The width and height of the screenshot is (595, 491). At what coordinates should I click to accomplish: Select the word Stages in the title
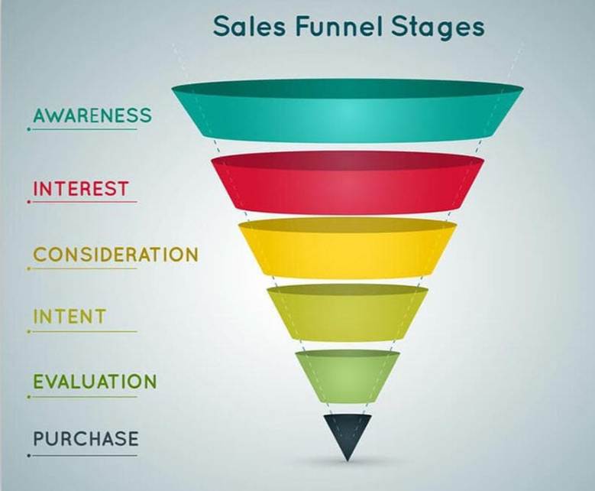tap(438, 28)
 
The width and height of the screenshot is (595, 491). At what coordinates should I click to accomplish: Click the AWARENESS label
tap(92, 115)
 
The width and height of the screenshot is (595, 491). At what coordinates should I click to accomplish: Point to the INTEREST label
tap(81, 188)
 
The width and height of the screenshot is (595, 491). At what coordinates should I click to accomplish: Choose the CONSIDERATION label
tap(116, 254)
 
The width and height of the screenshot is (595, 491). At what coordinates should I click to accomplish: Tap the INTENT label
tap(70, 317)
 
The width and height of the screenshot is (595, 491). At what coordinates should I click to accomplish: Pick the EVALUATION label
tap(95, 382)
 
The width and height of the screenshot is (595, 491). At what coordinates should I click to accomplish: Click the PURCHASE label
tap(86, 438)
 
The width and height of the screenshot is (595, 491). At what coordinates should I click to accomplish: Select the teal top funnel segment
tap(348, 110)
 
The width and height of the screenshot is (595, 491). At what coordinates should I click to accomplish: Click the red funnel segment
tap(348, 183)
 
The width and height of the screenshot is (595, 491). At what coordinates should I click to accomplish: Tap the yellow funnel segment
tap(348, 248)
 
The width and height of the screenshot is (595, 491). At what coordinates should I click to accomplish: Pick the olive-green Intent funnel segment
tap(348, 312)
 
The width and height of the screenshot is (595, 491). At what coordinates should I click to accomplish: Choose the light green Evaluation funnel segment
tap(348, 376)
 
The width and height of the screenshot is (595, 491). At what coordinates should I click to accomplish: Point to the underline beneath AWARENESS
tap(82, 129)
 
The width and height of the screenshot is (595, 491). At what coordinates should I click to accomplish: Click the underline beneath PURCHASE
tap(82, 455)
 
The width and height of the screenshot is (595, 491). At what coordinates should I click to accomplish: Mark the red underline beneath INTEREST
tap(82, 202)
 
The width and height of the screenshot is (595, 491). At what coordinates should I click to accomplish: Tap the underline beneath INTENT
tap(82, 331)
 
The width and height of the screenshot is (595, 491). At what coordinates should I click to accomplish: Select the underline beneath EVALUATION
tap(82, 397)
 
